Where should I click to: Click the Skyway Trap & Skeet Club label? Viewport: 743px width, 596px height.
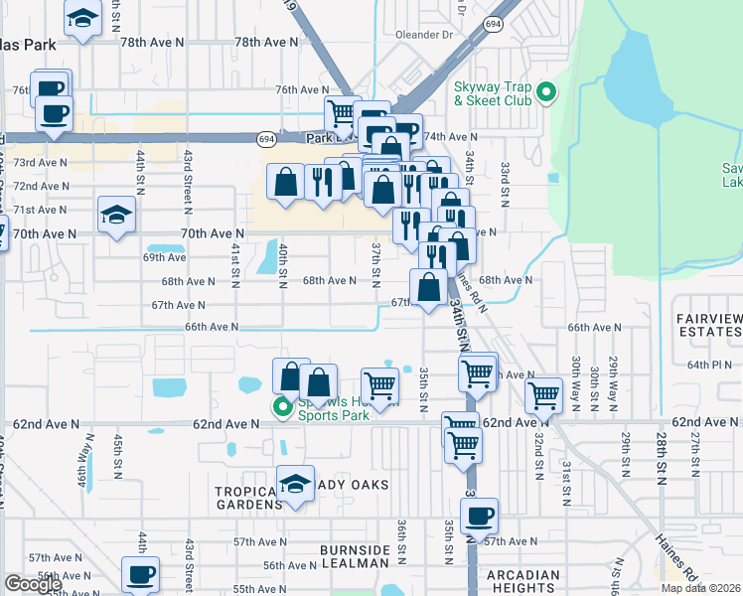tap(488, 93)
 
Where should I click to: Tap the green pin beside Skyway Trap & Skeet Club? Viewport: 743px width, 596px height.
tap(545, 93)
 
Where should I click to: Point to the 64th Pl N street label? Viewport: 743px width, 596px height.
tap(708, 365)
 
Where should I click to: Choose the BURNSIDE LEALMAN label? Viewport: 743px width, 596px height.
tap(355, 557)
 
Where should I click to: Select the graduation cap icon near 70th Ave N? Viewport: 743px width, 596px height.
tap(116, 215)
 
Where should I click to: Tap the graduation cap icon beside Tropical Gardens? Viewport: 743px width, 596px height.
tap(295, 484)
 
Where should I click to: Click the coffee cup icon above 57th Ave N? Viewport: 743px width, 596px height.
tap(479, 516)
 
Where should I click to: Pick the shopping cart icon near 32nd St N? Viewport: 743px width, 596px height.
tap(543, 393)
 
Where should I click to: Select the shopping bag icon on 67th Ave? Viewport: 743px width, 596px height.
tap(429, 288)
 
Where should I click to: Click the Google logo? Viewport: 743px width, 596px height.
tap(33, 584)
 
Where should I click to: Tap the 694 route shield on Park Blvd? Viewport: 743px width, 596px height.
tap(266, 139)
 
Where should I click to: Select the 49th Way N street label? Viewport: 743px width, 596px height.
tap(82, 466)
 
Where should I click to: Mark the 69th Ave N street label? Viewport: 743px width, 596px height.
tap(165, 256)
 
